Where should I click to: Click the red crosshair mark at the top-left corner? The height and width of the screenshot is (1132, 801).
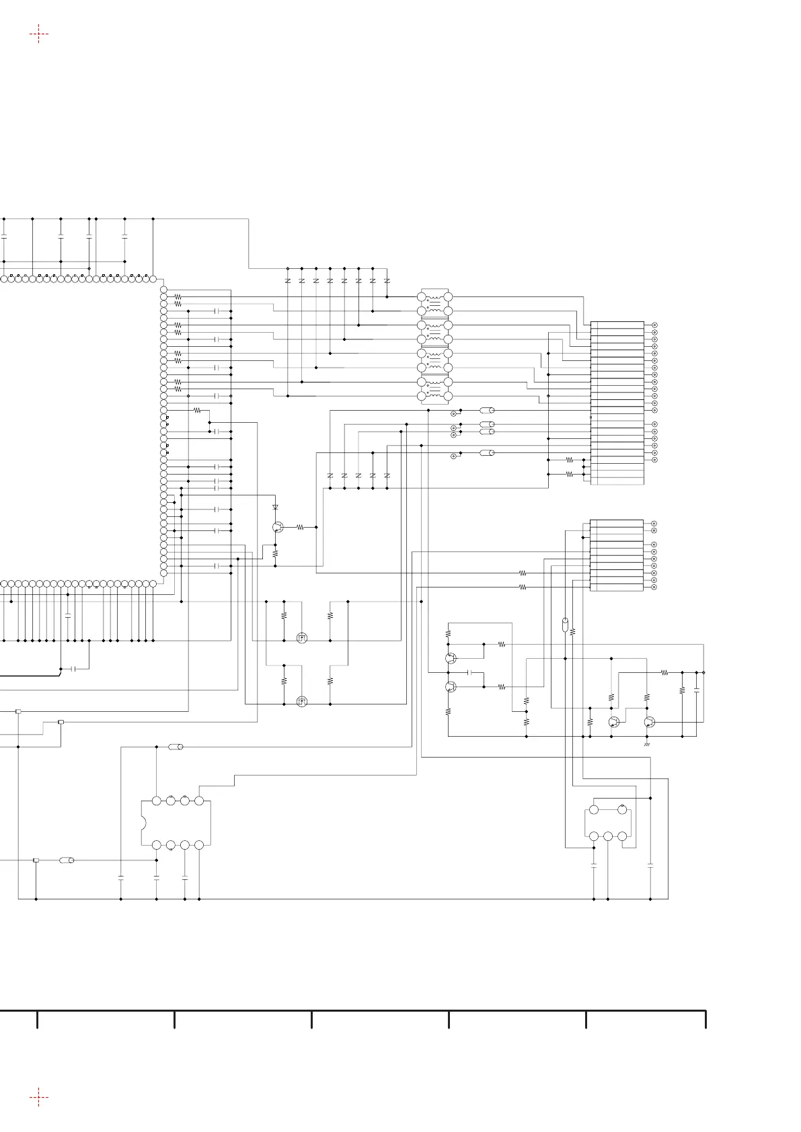(39, 34)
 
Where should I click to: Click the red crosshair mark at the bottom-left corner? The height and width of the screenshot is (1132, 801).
(39, 1098)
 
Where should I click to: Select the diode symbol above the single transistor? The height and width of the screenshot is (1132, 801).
(275, 506)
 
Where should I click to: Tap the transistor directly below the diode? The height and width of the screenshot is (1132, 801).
(277, 528)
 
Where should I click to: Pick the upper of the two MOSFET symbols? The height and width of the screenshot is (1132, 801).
(302, 637)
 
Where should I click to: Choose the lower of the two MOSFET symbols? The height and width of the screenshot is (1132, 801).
(302, 701)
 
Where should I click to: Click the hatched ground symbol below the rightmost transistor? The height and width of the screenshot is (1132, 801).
(647, 745)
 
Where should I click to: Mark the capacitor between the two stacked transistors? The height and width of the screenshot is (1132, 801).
(470, 672)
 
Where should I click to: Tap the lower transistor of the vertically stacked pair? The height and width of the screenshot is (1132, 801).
(450, 686)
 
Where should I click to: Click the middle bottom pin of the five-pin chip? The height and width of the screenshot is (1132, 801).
(608, 836)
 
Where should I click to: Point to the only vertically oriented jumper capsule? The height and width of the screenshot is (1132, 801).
(565, 624)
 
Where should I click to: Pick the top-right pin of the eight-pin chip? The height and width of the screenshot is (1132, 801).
(199, 801)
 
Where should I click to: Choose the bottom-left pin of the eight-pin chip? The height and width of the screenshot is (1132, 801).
(157, 844)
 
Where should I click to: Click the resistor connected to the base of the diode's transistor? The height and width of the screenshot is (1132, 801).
(300, 528)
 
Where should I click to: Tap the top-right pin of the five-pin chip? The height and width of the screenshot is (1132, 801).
(622, 809)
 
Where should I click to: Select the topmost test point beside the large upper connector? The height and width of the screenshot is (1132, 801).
(655, 325)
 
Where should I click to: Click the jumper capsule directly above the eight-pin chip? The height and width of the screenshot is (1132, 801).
(176, 747)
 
